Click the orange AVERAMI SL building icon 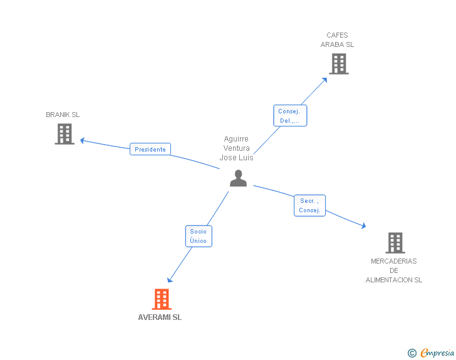point(162,299)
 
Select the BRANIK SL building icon point(65,134)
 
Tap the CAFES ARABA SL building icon point(338,64)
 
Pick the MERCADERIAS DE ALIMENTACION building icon point(395,243)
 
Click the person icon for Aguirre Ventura point(238,178)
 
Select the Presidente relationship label point(150,150)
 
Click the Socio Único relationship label point(198,236)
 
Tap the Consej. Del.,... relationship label point(289,116)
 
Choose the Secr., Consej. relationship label point(309,205)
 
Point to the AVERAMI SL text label point(160,317)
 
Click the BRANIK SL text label point(63,115)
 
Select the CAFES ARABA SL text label point(337,40)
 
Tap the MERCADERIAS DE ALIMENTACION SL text point(394,270)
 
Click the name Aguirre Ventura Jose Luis point(236,148)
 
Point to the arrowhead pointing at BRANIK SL point(82,140)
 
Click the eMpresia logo point(437,353)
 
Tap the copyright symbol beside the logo point(412,353)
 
